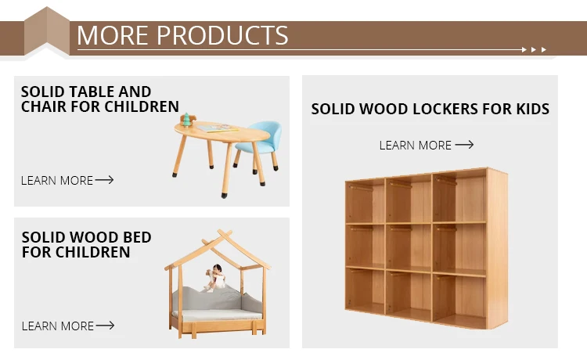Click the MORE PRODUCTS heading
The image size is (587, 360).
click(182, 35)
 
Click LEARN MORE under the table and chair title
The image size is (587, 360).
click(57, 181)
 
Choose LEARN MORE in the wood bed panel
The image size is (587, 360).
click(57, 326)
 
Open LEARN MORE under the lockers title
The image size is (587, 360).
click(416, 146)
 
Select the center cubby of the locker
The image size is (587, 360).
click(409, 248)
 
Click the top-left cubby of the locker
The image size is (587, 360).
click(366, 202)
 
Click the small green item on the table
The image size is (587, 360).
click(187, 120)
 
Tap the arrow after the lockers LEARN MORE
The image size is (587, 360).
click(464, 145)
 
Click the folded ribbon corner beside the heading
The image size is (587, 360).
click(47, 31)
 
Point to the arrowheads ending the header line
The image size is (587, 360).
click(538, 49)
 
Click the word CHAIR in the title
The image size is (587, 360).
click(44, 106)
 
